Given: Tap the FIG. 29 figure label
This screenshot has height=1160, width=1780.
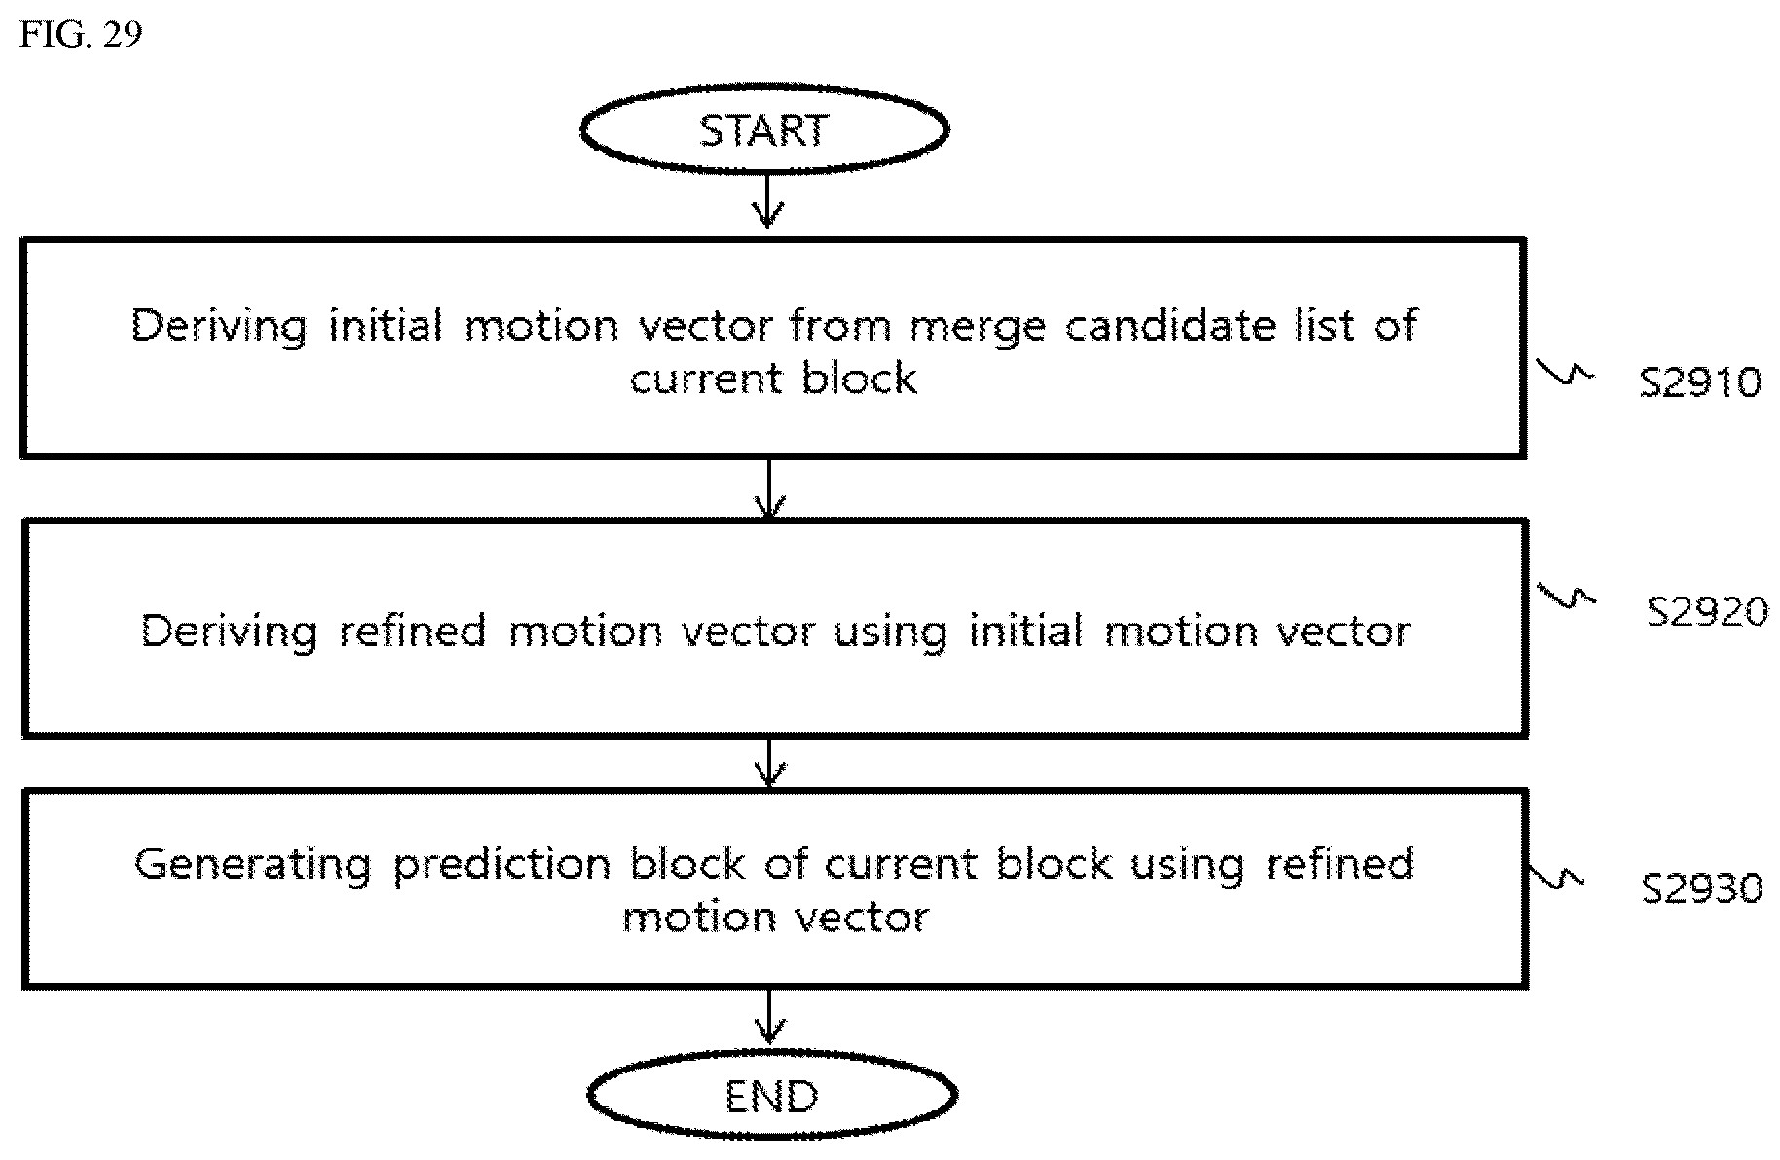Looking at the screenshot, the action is coord(81,35).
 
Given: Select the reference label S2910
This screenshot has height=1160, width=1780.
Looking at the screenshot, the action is coord(1700,381).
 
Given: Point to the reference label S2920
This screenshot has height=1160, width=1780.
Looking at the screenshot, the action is coord(1708,611).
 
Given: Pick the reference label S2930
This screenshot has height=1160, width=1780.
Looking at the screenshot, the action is coord(1702,888).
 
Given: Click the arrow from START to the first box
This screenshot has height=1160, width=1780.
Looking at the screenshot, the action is coord(768,201).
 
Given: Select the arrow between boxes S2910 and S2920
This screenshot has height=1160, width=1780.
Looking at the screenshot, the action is coord(769,489).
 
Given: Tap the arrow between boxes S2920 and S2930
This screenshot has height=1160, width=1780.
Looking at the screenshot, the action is coord(770,763).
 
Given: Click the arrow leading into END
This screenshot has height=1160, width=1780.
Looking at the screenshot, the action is coord(771,1018).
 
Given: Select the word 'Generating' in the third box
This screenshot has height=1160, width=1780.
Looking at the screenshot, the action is coord(252,865).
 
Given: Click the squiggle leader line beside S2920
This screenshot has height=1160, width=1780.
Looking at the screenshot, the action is coord(1566,596).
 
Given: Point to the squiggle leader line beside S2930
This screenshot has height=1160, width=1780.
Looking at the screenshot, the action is coord(1556,875).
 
